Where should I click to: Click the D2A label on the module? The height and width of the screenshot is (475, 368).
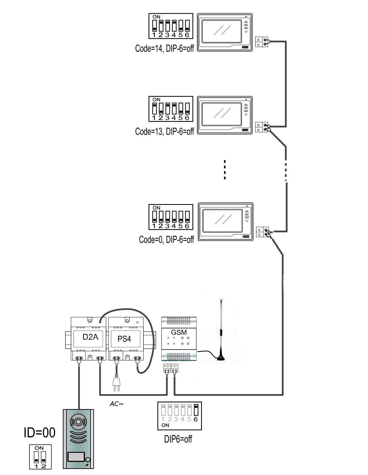90,337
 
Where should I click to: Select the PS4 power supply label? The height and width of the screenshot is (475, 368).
124,339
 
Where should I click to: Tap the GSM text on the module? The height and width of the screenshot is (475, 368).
178,332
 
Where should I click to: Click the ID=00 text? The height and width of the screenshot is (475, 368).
39,433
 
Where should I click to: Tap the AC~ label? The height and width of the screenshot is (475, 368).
116,404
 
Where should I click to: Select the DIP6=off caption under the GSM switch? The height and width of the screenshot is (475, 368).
178,439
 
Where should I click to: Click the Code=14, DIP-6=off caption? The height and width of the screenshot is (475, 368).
164,48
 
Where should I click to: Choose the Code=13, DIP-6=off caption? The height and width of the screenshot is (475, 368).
164,131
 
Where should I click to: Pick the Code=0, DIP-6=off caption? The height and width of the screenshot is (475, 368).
166,240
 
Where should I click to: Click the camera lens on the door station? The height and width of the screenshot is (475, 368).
79,422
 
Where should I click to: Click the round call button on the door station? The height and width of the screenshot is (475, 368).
88,460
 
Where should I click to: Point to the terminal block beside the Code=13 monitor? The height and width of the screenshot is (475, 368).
262,127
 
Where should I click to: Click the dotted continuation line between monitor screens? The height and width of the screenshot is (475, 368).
225,169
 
